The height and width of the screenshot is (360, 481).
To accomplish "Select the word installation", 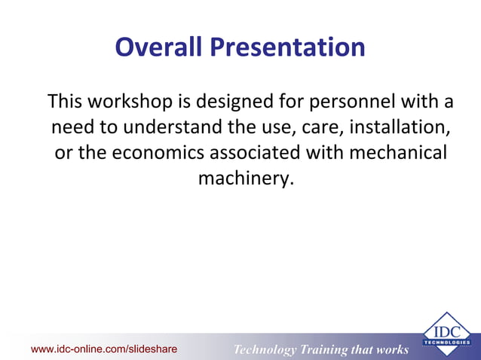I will (400, 126).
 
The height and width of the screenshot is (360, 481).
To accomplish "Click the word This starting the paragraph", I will (66, 100).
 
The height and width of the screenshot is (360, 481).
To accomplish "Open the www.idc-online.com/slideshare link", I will (104, 349).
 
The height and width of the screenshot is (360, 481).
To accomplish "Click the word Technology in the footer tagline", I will (265, 349).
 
